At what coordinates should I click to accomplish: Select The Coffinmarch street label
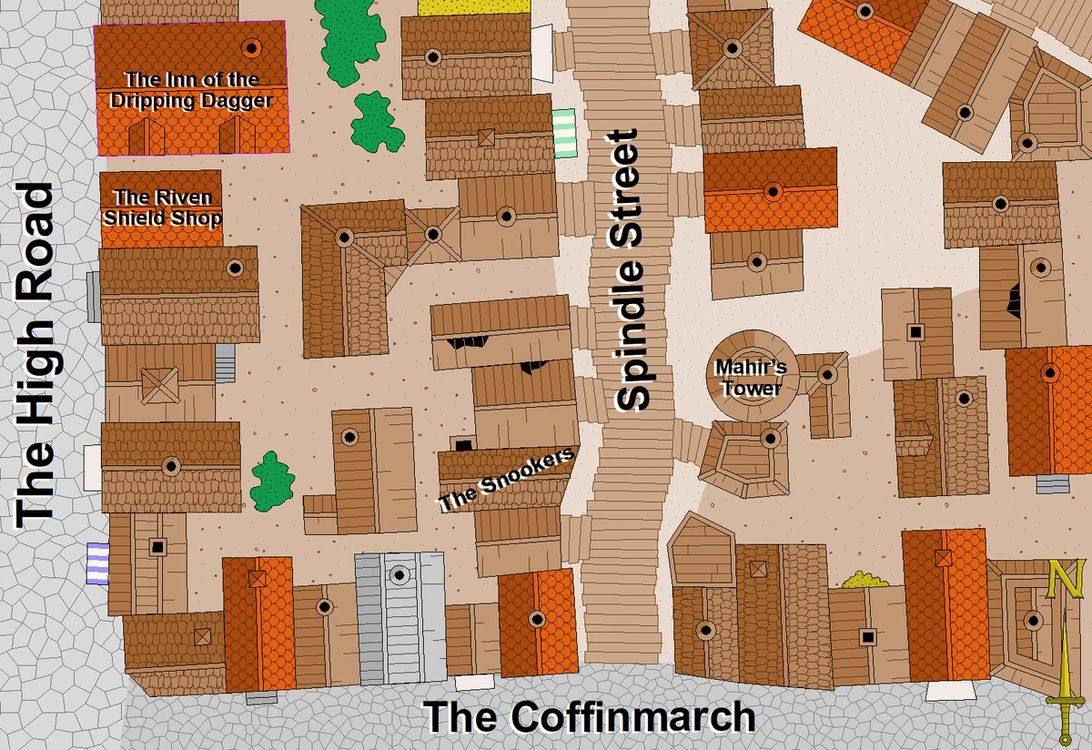click(x=590, y=717)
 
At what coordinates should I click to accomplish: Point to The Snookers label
click(x=507, y=479)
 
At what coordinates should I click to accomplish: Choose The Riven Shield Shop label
click(x=162, y=208)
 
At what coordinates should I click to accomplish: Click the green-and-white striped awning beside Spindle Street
click(x=564, y=133)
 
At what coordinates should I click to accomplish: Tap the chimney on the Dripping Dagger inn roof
click(x=252, y=47)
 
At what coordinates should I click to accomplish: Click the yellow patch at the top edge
click(x=474, y=6)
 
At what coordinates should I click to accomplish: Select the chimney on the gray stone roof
click(x=398, y=574)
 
